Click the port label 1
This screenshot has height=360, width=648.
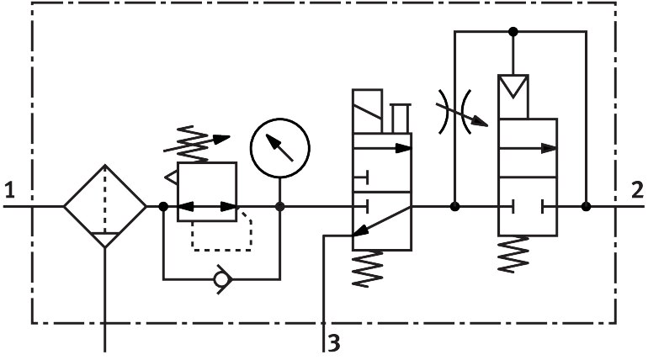click(x=9, y=190)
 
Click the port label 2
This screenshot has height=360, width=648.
click(x=637, y=190)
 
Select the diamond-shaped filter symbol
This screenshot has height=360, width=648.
click(x=104, y=206)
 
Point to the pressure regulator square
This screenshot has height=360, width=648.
click(x=207, y=192)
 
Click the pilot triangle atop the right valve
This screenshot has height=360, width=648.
click(x=513, y=87)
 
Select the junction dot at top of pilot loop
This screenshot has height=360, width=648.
click(x=513, y=32)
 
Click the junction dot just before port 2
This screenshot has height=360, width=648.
click(x=587, y=206)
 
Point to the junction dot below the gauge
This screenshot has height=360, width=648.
click(x=279, y=206)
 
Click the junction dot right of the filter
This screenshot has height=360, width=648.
click(x=162, y=206)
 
